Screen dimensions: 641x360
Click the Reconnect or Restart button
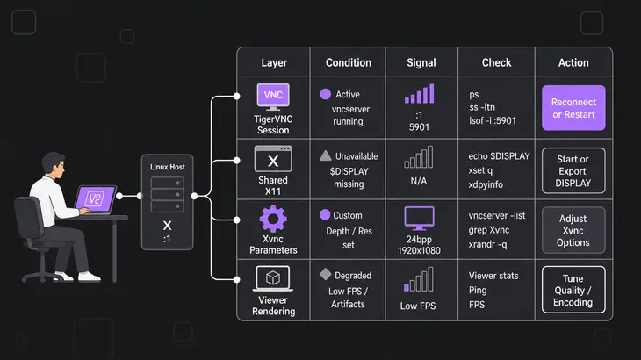tap(573, 108)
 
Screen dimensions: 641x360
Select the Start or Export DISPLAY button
tap(573, 171)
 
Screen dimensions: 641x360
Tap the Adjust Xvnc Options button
tap(573, 230)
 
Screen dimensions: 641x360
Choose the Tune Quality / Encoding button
tap(573, 290)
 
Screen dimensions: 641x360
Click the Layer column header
tap(274, 62)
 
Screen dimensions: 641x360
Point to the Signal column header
tap(421, 62)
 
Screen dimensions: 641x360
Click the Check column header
tap(496, 62)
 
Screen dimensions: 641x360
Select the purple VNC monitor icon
tap(273, 97)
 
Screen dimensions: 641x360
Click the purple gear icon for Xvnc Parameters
tap(273, 219)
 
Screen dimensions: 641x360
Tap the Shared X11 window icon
tap(273, 159)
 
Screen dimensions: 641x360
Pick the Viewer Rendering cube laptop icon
tap(273, 278)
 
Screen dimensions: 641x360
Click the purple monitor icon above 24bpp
tap(419, 219)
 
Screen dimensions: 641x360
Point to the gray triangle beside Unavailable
tap(326, 155)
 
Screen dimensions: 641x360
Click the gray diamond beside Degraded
tap(326, 274)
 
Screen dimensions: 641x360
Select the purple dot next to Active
tap(326, 94)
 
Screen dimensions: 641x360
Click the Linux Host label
tap(167, 167)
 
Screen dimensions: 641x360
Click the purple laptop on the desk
tap(96, 200)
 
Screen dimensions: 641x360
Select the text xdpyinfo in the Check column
tap(486, 184)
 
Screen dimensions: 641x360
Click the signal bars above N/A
tap(419, 157)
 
